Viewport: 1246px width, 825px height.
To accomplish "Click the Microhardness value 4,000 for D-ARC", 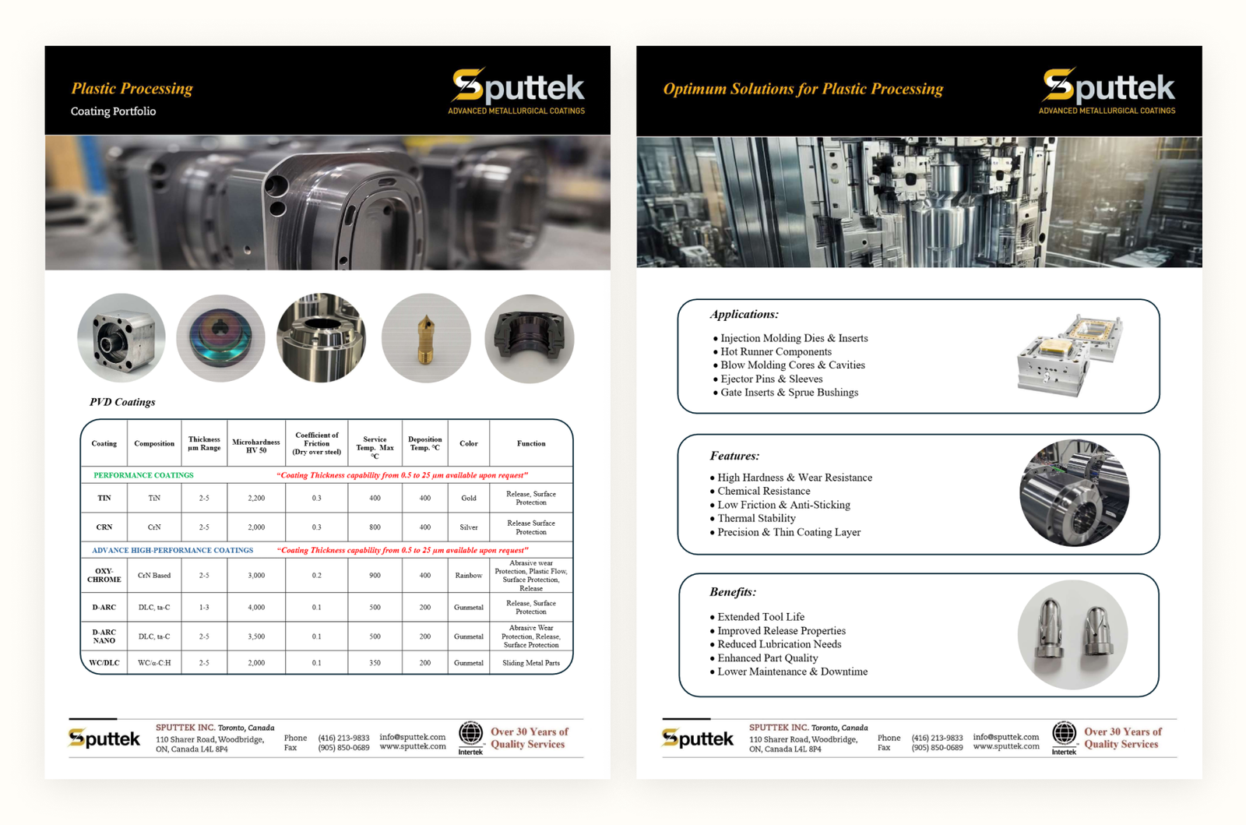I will pos(256,607).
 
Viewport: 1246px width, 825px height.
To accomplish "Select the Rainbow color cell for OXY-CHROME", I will pos(468,576).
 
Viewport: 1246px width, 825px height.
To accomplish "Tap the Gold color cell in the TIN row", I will pos(468,498).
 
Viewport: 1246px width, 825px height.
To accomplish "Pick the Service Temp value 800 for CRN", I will pos(375,527).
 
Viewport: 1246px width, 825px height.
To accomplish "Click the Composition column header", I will pos(154,443).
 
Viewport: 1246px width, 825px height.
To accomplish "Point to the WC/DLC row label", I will pos(104,663).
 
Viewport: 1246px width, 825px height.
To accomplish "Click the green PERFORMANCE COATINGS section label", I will pos(143,475).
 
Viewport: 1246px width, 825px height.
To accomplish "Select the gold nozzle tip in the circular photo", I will pos(425,339).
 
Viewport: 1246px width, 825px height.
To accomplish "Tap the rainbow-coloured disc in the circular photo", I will pos(220,338).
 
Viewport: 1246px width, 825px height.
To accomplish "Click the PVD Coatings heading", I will pos(122,402).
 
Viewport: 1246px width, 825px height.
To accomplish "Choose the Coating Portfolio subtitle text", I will pos(113,111).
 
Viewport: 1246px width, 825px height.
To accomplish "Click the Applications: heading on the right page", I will pos(744,314).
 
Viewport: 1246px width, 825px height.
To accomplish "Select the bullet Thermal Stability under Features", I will pos(756,518).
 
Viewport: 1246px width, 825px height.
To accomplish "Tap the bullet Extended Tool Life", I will pos(761,617).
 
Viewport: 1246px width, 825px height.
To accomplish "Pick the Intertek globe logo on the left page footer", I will pos(470,734).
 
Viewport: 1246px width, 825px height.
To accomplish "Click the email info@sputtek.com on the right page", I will pos(1005,737).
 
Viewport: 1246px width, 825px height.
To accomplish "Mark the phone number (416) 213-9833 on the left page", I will pos(343,738).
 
